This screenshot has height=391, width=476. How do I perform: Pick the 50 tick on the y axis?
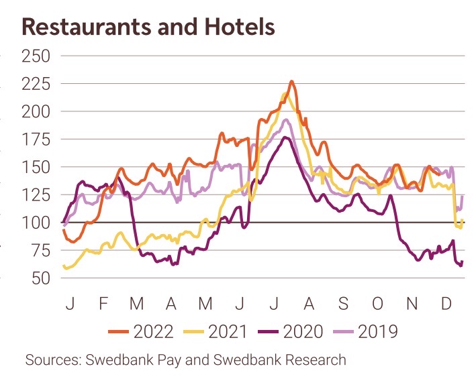pos(36,278)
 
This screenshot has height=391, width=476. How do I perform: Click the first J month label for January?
pos(69,304)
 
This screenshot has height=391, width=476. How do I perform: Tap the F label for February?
pos(103,304)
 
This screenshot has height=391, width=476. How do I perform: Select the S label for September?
pos(343,304)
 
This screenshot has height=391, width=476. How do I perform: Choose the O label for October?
pos(377,304)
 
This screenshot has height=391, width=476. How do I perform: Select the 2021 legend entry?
pos(226,331)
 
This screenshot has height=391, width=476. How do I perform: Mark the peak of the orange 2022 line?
pos(291,81)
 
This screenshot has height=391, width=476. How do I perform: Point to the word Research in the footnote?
pos(316,360)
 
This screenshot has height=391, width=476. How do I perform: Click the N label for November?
pos(412,304)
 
